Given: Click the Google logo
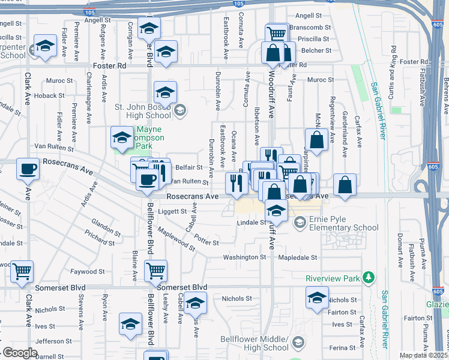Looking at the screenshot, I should (x=20, y=353).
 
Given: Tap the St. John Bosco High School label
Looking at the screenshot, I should (x=142, y=111).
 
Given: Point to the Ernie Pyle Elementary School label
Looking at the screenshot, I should (x=344, y=223).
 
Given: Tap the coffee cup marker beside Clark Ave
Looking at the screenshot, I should (x=28, y=169).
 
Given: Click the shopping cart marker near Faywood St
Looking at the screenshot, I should (x=155, y=271).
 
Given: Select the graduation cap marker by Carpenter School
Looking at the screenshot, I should (x=45, y=47).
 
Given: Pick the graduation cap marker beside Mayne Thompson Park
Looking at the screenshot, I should (x=122, y=138).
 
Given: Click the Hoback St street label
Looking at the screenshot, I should (x=49, y=95).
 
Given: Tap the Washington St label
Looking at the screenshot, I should (x=244, y=257).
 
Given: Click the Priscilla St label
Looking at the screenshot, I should (x=318, y=38).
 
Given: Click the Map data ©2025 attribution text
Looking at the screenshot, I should (x=423, y=355).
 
